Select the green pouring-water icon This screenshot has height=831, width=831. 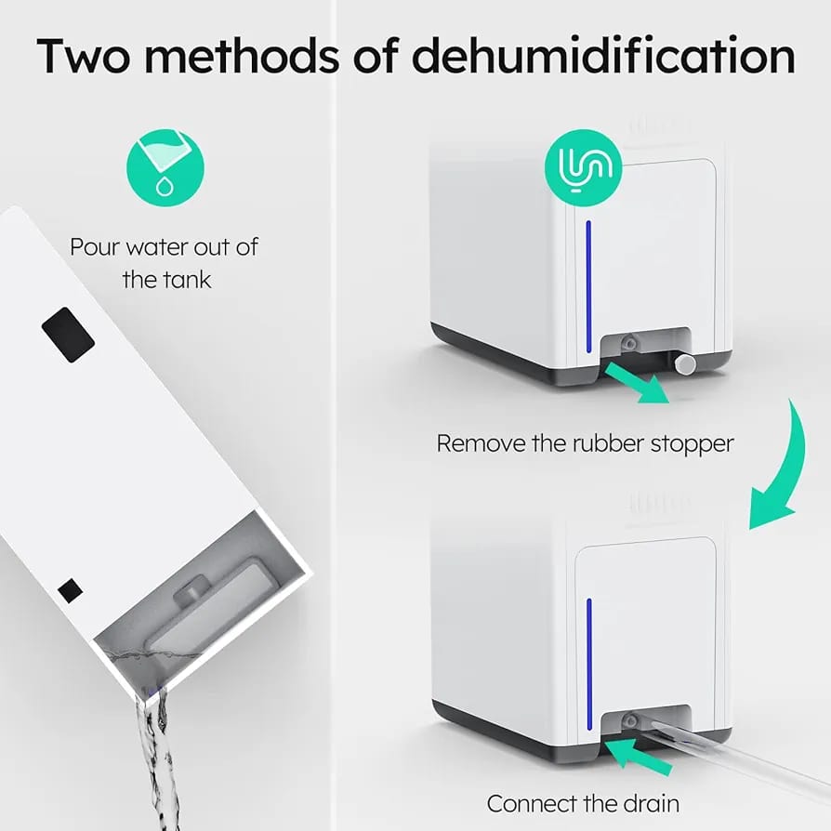[x=164, y=168]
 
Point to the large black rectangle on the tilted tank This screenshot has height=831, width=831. [x=67, y=334]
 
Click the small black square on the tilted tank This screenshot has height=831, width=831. [x=70, y=589]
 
